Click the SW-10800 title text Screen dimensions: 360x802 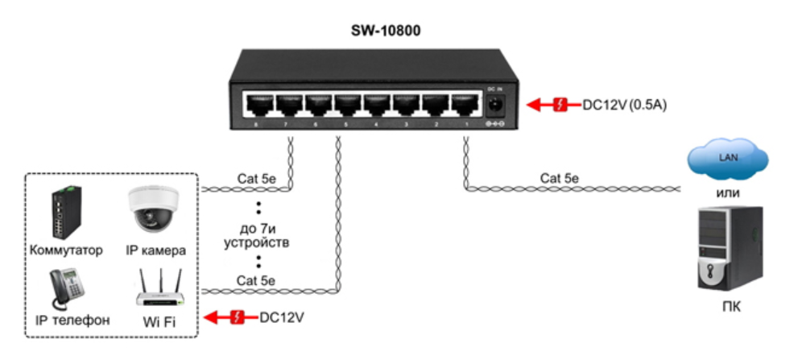coord(386,31)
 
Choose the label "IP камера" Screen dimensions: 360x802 coord(155,250)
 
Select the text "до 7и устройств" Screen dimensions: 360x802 coord(258,234)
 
